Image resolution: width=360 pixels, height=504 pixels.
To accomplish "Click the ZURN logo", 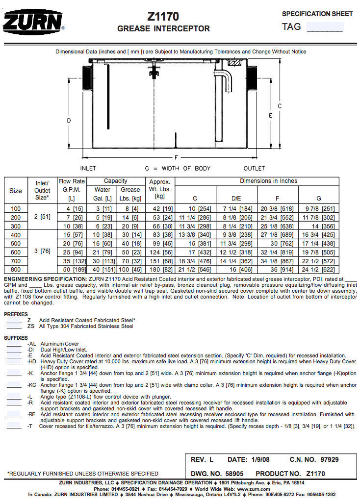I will pos(33,22).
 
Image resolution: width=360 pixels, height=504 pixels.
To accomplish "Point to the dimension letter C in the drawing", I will pos(280,106).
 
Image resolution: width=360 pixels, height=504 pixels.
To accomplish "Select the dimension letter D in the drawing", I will pos(69,120).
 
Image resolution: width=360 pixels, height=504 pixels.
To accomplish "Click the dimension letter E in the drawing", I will pos(270,116).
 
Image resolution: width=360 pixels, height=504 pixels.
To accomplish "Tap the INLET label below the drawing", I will pos(88,169).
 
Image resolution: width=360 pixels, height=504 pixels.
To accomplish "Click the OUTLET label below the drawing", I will pos(254,169).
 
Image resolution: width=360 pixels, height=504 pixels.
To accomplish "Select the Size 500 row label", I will pos(16,244).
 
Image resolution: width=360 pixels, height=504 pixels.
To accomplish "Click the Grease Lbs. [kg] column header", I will pos(130,194).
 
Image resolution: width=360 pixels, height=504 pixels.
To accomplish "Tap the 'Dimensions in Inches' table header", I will pos(268,181).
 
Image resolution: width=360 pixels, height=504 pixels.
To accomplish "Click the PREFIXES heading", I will pos(16,314).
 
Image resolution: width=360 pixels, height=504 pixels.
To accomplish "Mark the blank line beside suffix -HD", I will pos(14,362).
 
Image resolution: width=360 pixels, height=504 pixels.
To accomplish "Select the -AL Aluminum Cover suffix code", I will pos(32,344).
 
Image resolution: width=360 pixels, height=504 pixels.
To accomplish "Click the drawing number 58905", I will pos(233,474).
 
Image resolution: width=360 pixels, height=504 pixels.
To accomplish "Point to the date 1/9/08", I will pos(260,460).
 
